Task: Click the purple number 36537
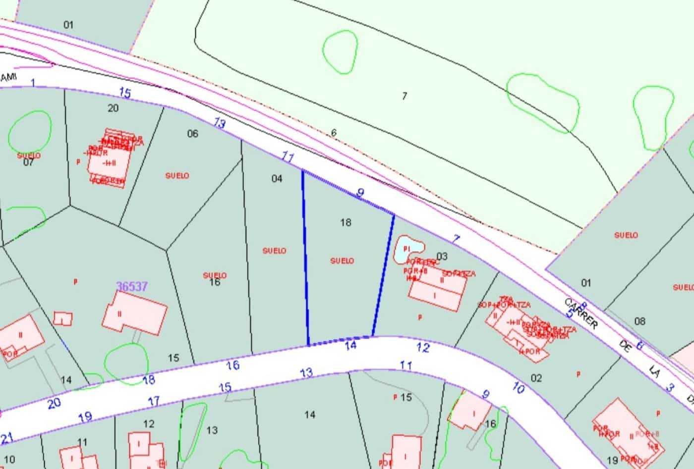pos(132,286)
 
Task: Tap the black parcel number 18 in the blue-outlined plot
pos(346,222)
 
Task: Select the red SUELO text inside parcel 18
pos(342,261)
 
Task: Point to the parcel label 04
pos(277,178)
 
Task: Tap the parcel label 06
pos(192,134)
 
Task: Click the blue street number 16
pos(232,365)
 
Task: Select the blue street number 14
pos(350,345)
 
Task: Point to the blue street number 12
pos(423,348)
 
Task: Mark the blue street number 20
pos(54,403)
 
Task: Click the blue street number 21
pos(7,438)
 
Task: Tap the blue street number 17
pos(154,401)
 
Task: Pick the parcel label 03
pos(442,256)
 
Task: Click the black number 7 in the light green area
pos(405,96)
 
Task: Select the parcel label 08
pos(640,321)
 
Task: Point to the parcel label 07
pos(28,162)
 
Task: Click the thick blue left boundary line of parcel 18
pos(305,258)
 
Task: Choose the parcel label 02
pos(536,378)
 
